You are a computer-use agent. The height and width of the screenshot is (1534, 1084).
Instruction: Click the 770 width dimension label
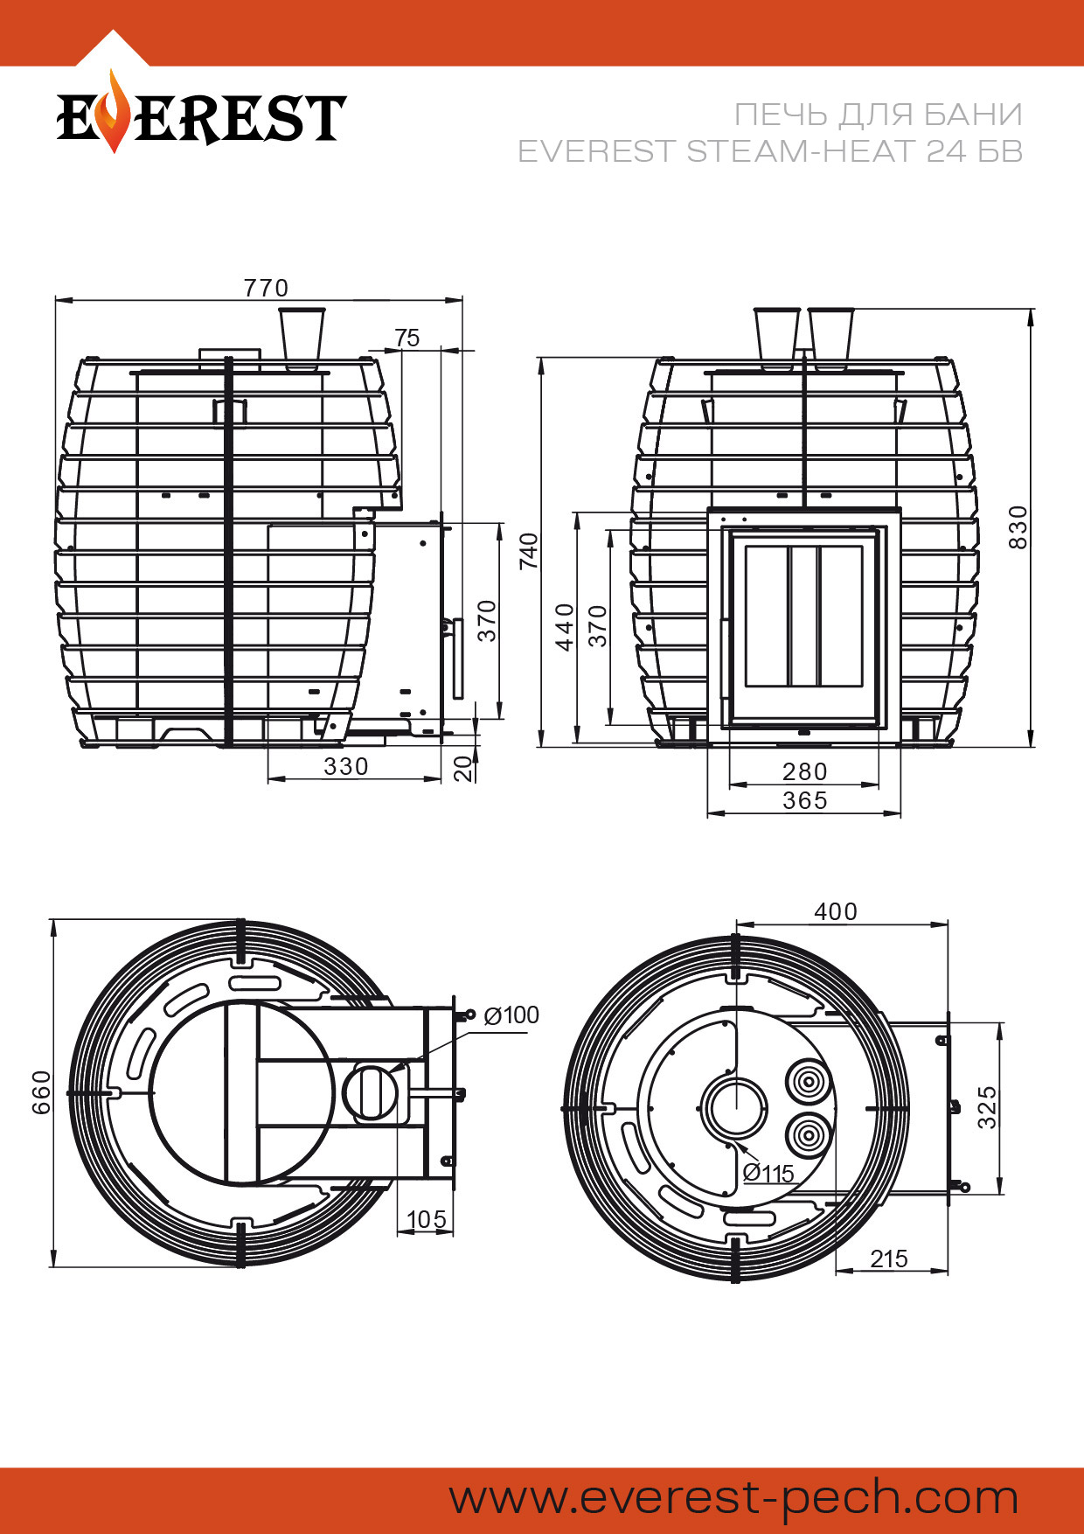pos(266,288)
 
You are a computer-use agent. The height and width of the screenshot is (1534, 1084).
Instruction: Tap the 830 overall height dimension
pos(1018,527)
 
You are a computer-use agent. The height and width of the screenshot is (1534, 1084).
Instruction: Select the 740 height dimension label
pos(529,551)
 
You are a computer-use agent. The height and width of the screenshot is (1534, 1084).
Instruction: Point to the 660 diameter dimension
pos(41,1092)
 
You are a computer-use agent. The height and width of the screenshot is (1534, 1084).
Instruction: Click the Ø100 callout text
pos(511,1015)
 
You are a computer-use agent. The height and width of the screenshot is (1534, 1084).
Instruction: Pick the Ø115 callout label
pos(768,1173)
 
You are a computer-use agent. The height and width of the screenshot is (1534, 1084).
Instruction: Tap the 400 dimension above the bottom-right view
pos(836,911)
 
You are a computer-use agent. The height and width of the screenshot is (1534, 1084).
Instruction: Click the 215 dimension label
pos(889,1259)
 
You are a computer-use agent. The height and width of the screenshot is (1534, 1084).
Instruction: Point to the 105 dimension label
pos(427,1219)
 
